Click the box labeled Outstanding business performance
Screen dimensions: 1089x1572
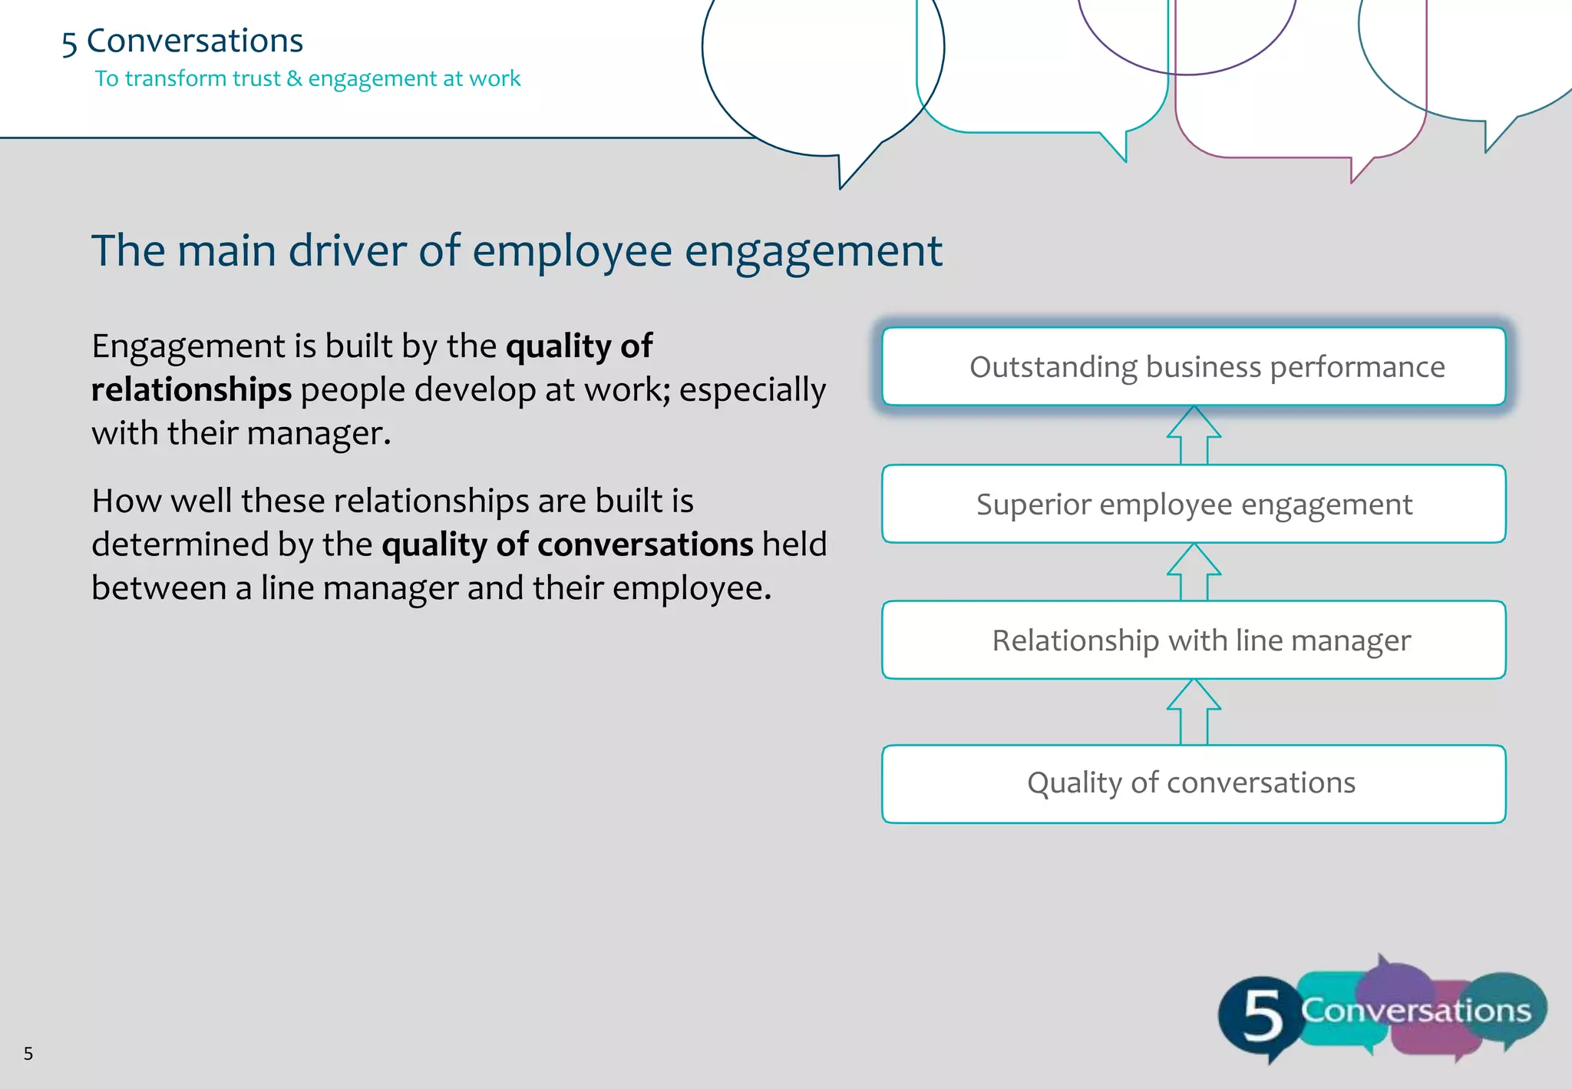pos(1194,366)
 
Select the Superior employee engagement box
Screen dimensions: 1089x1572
pos(1194,504)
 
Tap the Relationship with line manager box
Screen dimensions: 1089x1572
pos(1194,640)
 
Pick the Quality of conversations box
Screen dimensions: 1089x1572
pos(1194,783)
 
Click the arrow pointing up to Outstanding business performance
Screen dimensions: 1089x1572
pos(1194,435)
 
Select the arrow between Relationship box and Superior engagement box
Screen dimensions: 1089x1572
pos(1194,572)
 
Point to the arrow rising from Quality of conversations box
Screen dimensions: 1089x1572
pos(1194,712)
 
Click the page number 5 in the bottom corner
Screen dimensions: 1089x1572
pos(28,1054)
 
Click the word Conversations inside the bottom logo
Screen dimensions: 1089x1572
pos(1416,1011)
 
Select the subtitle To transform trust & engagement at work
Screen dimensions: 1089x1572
pos(307,78)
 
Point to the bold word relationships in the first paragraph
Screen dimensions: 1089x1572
pos(191,390)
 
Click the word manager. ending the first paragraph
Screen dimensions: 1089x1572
pos(318,434)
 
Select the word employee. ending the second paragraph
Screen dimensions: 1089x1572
pos(692,588)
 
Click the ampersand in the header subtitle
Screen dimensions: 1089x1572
pos(294,78)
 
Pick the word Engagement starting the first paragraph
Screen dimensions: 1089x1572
pos(189,346)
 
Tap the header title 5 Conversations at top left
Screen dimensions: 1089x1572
pos(183,41)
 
